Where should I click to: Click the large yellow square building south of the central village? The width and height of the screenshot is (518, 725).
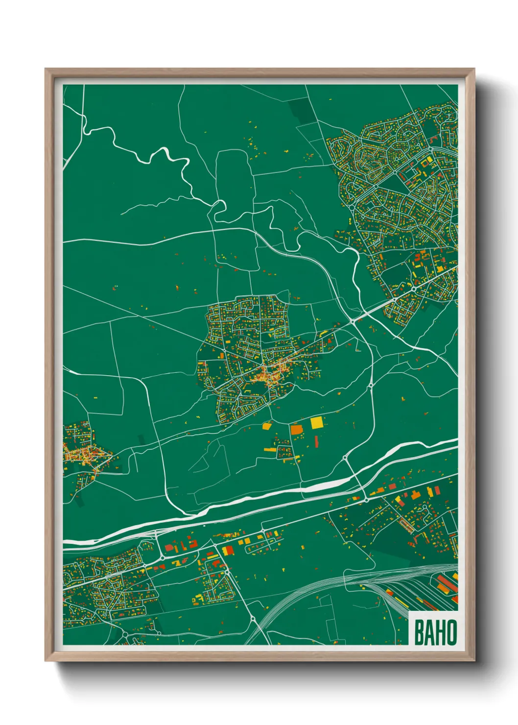pyautogui.click(x=317, y=422)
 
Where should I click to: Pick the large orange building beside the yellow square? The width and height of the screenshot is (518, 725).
pyautogui.click(x=297, y=430)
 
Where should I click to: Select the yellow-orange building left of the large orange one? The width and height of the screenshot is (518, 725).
pyautogui.click(x=267, y=426)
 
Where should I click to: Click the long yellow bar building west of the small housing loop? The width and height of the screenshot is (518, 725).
pyautogui.click(x=271, y=449)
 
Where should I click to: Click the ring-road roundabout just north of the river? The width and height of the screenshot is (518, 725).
pyautogui.click(x=345, y=458)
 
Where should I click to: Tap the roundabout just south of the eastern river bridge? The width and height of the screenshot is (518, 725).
pyautogui.click(x=366, y=500)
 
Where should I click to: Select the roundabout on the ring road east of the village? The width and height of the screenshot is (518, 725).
pyautogui.click(x=371, y=386)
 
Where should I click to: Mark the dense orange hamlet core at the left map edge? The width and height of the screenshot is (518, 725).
pyautogui.click(x=83, y=456)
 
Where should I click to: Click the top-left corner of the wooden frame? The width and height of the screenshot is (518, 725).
pyautogui.click(x=46, y=69)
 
